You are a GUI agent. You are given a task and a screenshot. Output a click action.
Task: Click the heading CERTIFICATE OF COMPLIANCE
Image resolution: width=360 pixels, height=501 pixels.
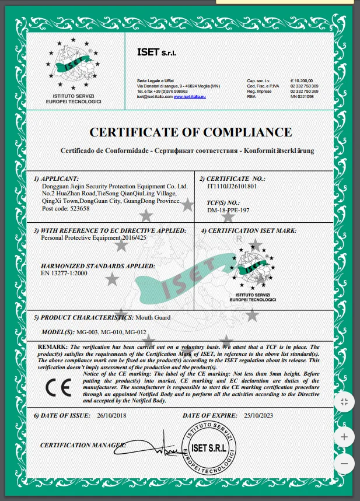pos(190,132)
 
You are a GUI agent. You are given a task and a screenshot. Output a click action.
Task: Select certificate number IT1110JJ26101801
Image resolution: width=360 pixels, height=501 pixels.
pos(232,186)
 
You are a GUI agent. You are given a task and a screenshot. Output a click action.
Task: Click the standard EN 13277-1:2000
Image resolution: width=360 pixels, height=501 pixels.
pos(64,273)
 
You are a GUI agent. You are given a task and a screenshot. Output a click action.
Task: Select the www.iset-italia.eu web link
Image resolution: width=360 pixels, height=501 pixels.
pos(190,97)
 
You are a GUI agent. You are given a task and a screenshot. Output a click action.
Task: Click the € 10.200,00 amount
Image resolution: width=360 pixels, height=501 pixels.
pos(302,80)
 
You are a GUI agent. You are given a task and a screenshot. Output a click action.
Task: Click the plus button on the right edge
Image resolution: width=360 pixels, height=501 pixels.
pos(344,437)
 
